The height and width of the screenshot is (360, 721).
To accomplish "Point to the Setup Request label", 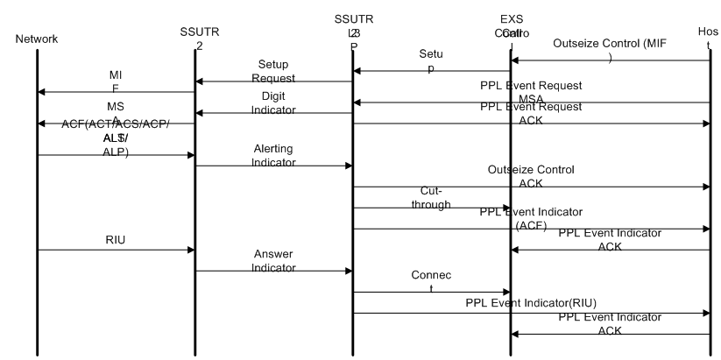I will point(273,71).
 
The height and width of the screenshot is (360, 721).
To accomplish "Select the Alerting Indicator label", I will point(273,155).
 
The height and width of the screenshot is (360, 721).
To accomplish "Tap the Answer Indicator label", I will point(273,261).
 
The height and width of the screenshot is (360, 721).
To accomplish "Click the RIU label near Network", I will point(115,237).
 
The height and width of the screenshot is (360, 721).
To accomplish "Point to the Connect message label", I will point(432,281).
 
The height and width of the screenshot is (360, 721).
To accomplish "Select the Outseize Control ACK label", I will point(531,176).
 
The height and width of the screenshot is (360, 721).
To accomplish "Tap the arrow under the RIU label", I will point(116,250).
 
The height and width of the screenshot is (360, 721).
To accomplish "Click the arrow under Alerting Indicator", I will point(273,166).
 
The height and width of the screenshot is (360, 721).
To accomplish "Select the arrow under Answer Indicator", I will point(273,271).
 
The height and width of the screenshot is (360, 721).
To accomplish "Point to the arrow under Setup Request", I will point(273,81).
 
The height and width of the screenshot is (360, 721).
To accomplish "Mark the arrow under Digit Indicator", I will point(273,113).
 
